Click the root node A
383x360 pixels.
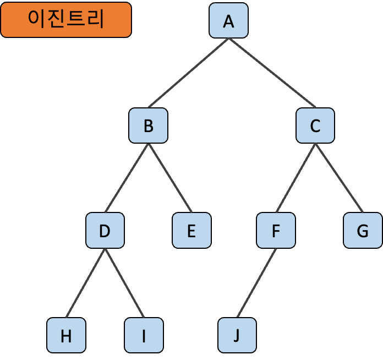pyautogui.click(x=228, y=21)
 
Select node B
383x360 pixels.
pyautogui.click(x=148, y=126)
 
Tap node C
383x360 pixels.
pyautogui.click(x=315, y=126)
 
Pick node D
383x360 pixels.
pyautogui.click(x=105, y=231)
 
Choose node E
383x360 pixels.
pyautogui.click(x=191, y=231)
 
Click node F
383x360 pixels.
pyautogui.click(x=276, y=231)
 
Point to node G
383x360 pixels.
pyautogui.click(x=363, y=231)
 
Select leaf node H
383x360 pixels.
pyautogui.click(x=66, y=335)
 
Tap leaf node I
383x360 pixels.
pyautogui.click(x=144, y=335)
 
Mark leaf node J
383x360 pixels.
pyautogui.click(x=237, y=335)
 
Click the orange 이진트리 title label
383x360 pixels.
pyautogui.click(x=66, y=20)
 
